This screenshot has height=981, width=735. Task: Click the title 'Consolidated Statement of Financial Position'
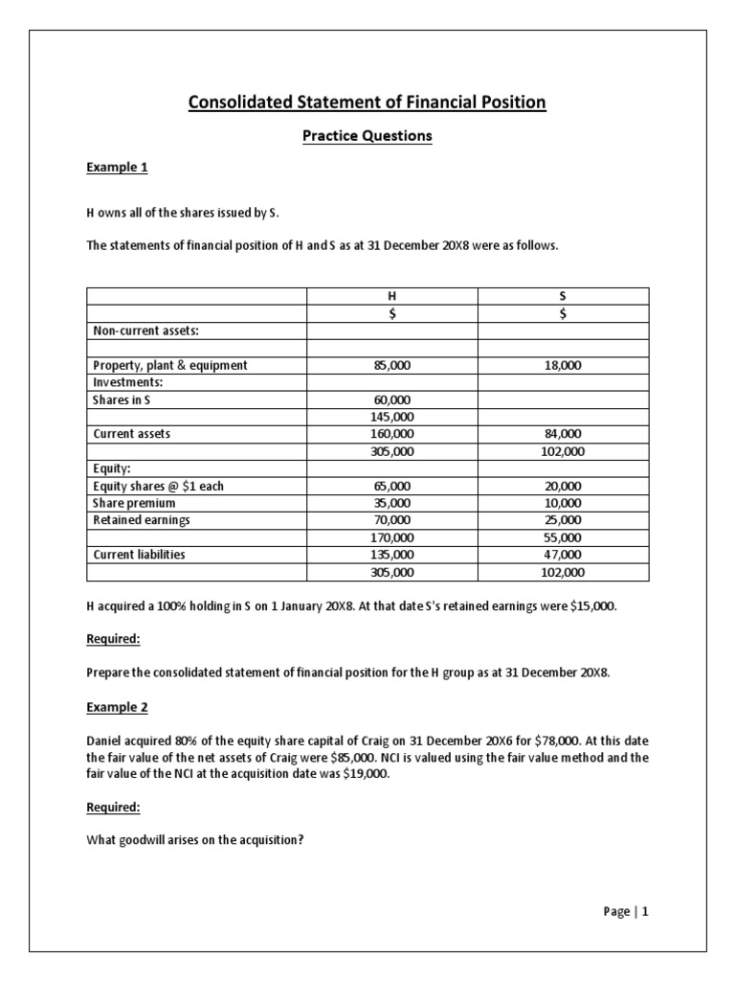click(367, 102)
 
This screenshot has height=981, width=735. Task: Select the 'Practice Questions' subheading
click(367, 136)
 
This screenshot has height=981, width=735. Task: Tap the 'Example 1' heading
click(117, 168)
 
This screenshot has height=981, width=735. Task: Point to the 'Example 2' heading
click(117, 706)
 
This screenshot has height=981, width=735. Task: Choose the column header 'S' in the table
click(562, 296)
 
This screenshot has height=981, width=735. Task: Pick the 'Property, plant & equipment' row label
click(170, 365)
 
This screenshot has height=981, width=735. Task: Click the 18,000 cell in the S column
click(562, 365)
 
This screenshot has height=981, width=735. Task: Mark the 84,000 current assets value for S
click(562, 434)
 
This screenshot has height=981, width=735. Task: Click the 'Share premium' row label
click(134, 503)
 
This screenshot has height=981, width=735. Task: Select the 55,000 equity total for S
click(562, 537)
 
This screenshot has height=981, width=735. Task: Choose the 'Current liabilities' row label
click(139, 555)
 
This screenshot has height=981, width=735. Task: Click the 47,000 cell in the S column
click(562, 555)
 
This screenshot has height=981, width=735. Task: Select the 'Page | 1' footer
click(626, 912)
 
